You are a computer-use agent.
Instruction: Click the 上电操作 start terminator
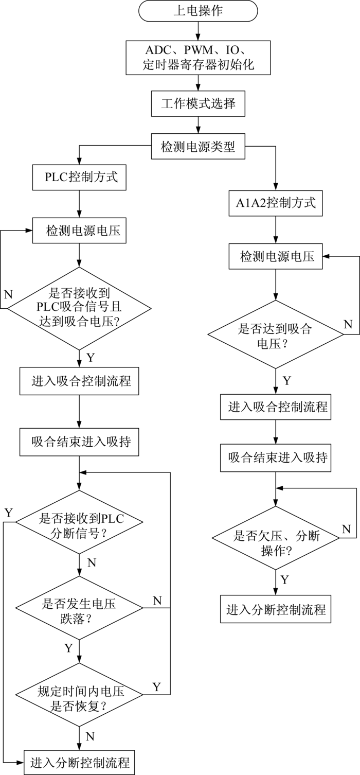(198, 11)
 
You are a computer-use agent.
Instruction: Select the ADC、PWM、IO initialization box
(198, 57)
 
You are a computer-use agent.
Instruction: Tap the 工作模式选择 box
(198, 103)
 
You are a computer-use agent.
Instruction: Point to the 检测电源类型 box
(198, 147)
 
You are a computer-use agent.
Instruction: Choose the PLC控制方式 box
(79, 178)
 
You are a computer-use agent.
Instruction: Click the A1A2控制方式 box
(276, 203)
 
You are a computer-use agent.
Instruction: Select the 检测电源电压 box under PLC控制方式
(79, 231)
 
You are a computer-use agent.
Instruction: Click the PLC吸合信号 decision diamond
(79, 308)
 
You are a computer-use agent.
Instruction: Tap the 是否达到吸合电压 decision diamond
(276, 334)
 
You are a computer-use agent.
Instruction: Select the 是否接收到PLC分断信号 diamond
(79, 523)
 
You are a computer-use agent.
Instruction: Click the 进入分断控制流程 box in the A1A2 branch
(276, 610)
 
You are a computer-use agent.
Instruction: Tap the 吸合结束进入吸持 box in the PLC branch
(79, 442)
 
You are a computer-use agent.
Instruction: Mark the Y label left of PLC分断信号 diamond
(8, 512)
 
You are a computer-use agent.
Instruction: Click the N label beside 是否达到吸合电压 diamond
(348, 325)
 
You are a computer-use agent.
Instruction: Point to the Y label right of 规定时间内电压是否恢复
(157, 686)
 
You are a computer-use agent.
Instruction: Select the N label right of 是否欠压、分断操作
(346, 529)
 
